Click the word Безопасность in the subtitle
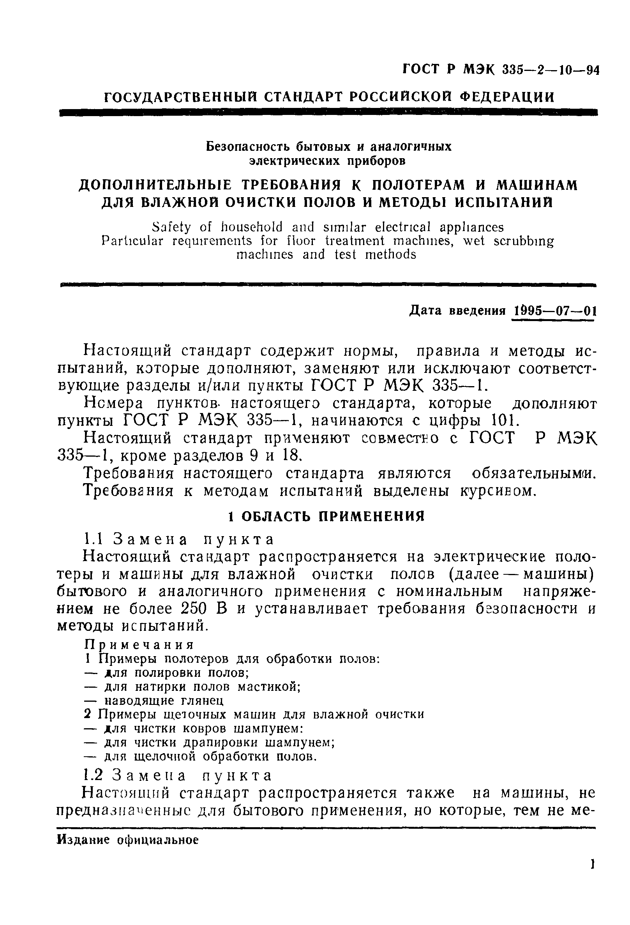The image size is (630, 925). point(250,147)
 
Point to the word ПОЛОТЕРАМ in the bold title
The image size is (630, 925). point(413,185)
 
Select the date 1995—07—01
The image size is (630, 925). point(555,311)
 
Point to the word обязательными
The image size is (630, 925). point(534,474)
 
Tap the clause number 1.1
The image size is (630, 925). point(94,539)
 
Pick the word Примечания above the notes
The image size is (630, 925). point(140,645)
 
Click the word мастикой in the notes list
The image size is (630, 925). point(268,687)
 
